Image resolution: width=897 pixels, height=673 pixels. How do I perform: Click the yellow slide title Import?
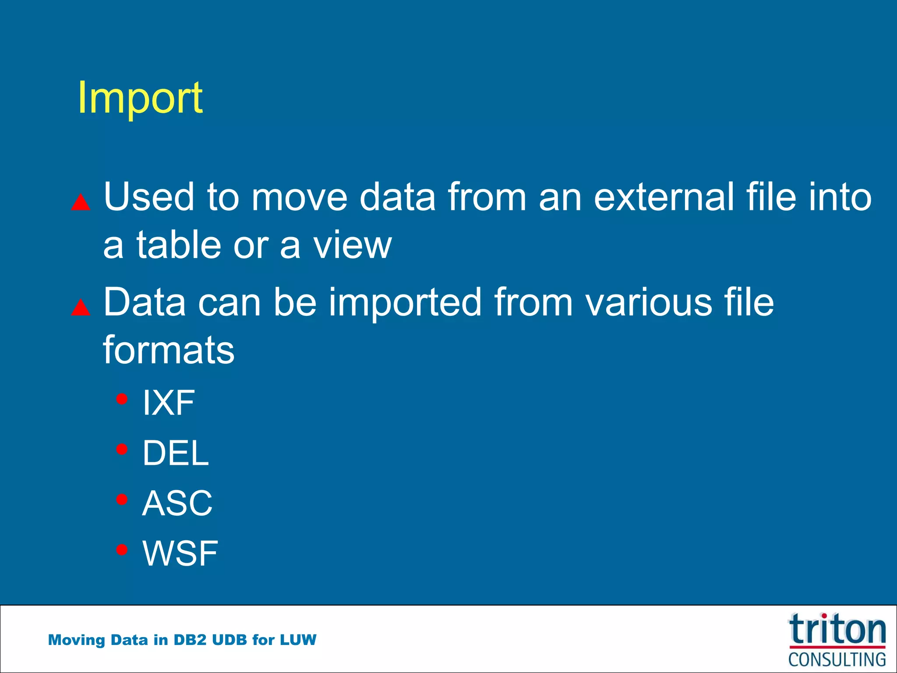coord(140,98)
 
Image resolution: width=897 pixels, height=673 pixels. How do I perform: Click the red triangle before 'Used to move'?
coord(81,202)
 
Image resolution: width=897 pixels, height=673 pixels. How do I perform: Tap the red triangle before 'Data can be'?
coord(81,308)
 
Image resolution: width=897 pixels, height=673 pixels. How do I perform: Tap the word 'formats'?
coord(169,351)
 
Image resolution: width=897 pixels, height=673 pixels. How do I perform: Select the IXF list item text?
coord(169,403)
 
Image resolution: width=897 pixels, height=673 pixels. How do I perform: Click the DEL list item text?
coord(176,453)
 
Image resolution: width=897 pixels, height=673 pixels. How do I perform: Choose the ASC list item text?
coord(177,503)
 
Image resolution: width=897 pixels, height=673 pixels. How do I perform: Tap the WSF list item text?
coord(180,553)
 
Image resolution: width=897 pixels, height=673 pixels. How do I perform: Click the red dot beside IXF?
coord(122,399)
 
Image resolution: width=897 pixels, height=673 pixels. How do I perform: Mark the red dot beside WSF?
coord(122,549)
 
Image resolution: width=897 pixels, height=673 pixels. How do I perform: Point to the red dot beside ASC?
coord(122,499)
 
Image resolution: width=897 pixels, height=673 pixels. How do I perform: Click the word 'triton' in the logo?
coord(837,630)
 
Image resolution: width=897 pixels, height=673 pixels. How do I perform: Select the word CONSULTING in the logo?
coord(837,659)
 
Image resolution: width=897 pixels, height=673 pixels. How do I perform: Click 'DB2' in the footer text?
coord(190,640)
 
